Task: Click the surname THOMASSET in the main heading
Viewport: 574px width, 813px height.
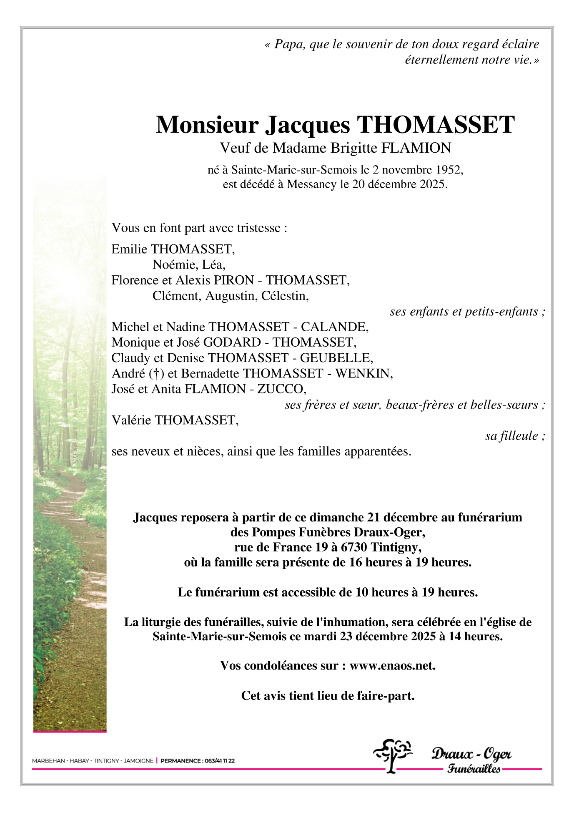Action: [x=436, y=125]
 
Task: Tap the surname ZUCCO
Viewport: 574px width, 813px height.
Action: [x=281, y=389]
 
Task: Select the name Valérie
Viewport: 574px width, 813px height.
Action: [x=131, y=420]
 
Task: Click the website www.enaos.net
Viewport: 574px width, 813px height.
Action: [x=392, y=666]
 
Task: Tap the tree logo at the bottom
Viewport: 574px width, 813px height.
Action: [x=392, y=755]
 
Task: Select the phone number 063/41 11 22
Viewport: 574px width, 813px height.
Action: [x=219, y=761]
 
